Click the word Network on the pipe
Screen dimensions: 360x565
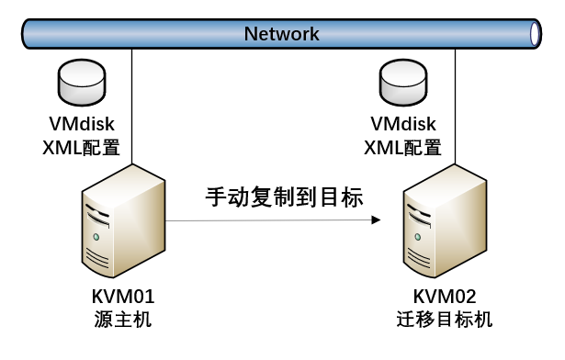tap(281, 34)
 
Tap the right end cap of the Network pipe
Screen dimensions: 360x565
tap(536, 34)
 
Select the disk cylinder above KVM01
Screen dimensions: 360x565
tap(82, 85)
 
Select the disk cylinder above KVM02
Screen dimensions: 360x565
tap(403, 85)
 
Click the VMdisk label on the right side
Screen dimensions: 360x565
tap(402, 123)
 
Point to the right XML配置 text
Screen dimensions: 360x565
tap(402, 147)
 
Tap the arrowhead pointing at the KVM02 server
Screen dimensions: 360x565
tap(376, 221)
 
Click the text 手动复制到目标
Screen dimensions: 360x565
tap(284, 197)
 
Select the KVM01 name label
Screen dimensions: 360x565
tap(122, 297)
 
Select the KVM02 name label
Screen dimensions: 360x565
tap(445, 297)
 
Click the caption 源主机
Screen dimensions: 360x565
tap(122, 320)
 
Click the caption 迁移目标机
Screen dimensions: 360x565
tap(445, 320)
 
